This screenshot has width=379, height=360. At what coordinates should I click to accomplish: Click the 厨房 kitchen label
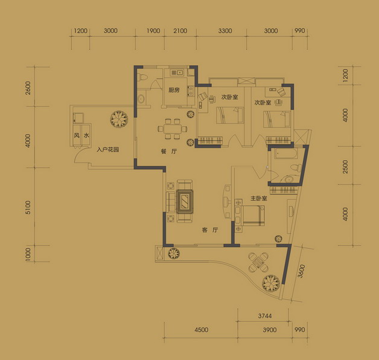click(x=174, y=90)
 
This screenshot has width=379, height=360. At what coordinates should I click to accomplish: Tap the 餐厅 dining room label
click(x=169, y=152)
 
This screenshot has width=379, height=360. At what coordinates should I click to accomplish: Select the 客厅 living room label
click(x=210, y=230)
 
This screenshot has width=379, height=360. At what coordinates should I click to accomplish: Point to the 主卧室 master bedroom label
click(x=259, y=198)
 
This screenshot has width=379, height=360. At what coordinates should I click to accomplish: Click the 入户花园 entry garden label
click(x=108, y=150)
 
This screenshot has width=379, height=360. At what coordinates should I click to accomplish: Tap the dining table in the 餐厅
click(x=173, y=129)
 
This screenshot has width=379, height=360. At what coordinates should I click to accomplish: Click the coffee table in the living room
click(x=185, y=201)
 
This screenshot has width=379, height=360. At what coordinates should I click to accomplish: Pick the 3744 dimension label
click(x=265, y=316)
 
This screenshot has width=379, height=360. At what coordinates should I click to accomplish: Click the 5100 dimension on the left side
click(x=28, y=207)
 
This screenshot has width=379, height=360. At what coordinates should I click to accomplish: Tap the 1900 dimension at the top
click(x=153, y=31)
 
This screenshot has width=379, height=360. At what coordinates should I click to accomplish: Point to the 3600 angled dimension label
click(x=301, y=271)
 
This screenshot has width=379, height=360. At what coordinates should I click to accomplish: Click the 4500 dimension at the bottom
click(x=202, y=330)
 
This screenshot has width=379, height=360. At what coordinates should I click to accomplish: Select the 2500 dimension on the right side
click(x=345, y=167)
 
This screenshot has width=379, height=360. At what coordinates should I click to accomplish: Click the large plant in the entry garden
click(x=119, y=119)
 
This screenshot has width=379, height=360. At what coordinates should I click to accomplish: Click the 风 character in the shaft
click(x=77, y=135)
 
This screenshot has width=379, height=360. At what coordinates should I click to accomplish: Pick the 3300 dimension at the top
click(x=225, y=31)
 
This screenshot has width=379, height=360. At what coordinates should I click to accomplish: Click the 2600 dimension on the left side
click(x=28, y=88)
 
